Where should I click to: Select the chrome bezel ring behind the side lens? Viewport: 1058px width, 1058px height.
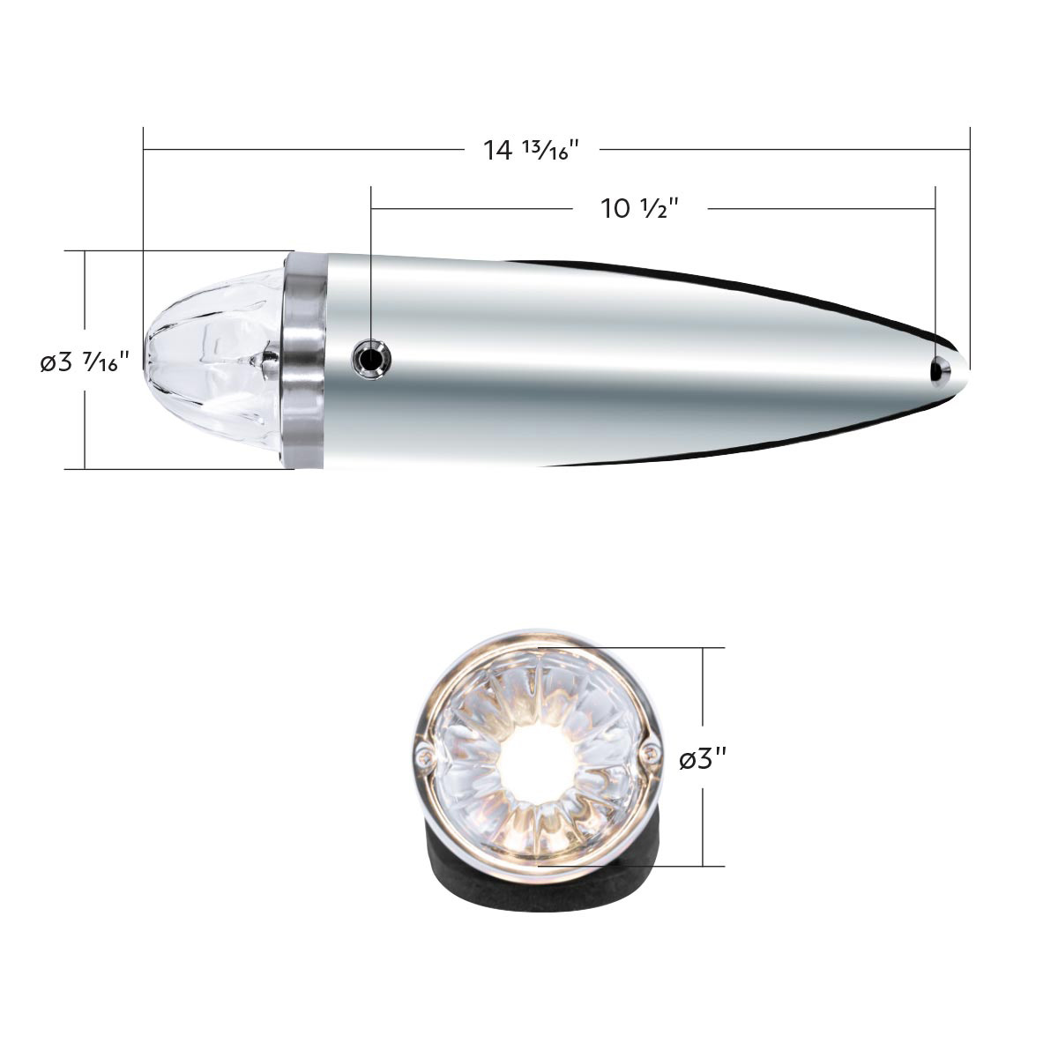[302, 360]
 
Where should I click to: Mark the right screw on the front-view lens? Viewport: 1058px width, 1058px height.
[651, 752]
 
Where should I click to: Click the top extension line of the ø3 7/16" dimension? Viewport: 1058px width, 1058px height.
[176, 251]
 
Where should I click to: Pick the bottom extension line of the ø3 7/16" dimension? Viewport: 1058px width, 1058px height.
[176, 469]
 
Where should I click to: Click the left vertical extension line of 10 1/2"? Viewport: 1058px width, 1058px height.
[371, 264]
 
